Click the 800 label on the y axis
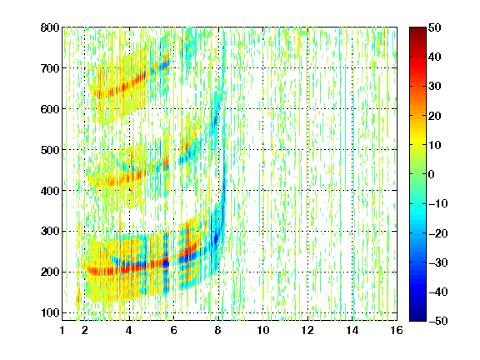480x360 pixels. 50,27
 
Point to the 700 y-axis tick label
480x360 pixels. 50,68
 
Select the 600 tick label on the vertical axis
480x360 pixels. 50,109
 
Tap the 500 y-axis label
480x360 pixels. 50,150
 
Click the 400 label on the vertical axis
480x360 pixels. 50,191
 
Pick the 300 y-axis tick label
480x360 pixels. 50,232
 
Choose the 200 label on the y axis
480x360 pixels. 50,272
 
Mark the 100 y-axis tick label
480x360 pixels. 50,312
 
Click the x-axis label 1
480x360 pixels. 62,330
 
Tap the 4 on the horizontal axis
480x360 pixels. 129,330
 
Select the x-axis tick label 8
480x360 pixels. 218,330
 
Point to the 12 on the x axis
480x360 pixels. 307,330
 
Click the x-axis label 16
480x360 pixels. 397,330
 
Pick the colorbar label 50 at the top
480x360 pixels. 435,27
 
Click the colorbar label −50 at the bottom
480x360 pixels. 437,321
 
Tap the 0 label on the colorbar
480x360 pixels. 432,174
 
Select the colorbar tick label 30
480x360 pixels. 435,87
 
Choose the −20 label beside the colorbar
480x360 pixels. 437,233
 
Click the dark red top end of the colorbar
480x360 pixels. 417,29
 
